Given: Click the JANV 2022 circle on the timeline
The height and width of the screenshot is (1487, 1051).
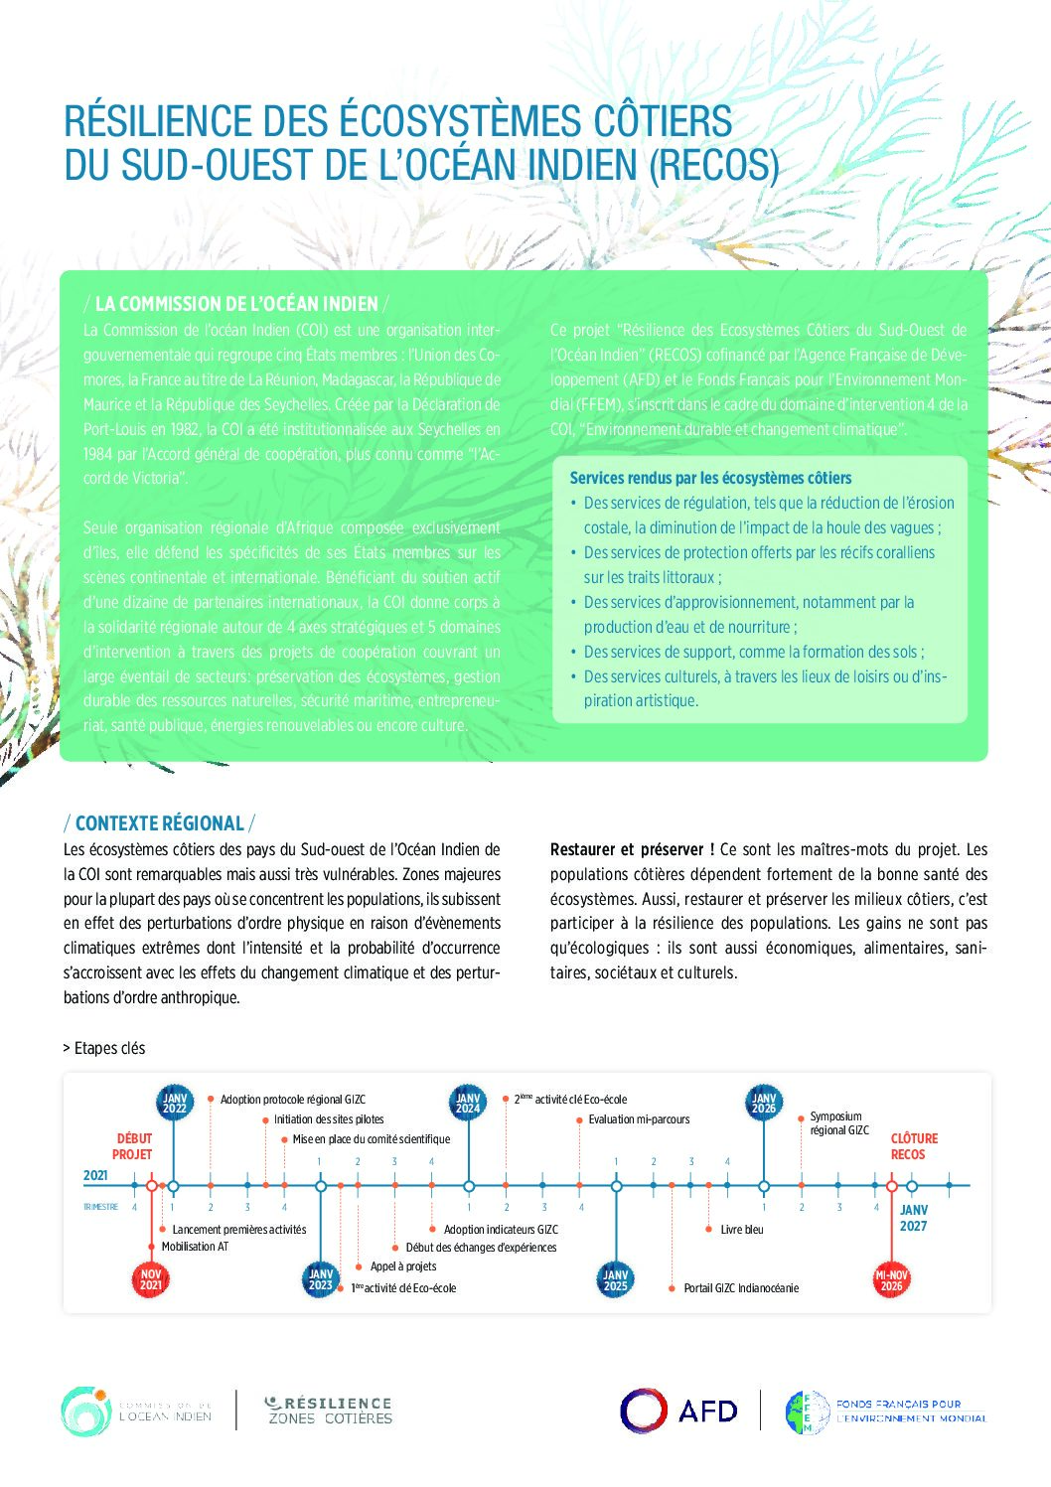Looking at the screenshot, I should (x=174, y=1103).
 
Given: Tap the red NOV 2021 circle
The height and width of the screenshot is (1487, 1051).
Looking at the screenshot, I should (x=151, y=1279).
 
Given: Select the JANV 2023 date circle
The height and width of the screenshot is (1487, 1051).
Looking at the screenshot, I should (x=321, y=1279).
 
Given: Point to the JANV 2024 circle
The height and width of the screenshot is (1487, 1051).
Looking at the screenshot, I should (x=468, y=1103).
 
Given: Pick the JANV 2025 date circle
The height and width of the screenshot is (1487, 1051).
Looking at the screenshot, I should (x=616, y=1279).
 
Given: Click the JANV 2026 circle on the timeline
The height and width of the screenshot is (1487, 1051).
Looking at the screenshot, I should (x=763, y=1103).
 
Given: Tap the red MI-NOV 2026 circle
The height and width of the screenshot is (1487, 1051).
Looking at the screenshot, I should (x=891, y=1279).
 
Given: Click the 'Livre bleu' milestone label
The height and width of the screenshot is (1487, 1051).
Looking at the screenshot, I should (x=742, y=1230).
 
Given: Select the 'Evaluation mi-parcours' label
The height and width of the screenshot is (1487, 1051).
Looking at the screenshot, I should (x=639, y=1119).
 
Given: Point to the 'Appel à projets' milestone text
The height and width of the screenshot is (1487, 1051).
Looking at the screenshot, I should (x=403, y=1266).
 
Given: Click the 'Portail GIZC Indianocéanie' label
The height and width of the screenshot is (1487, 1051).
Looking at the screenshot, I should (x=741, y=1288).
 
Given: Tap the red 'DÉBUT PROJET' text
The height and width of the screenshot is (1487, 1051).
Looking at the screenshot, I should (x=133, y=1146).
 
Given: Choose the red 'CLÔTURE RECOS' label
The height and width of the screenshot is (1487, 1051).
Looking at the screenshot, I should (x=913, y=1146).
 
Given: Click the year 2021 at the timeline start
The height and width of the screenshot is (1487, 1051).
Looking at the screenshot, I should (x=95, y=1176).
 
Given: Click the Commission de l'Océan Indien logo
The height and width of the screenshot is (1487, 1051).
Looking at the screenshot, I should (x=85, y=1412).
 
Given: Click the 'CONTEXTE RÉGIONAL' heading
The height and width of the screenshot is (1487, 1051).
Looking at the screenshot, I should (x=159, y=823).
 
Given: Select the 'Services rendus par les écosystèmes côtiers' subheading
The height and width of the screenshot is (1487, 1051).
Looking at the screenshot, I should (x=710, y=478).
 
